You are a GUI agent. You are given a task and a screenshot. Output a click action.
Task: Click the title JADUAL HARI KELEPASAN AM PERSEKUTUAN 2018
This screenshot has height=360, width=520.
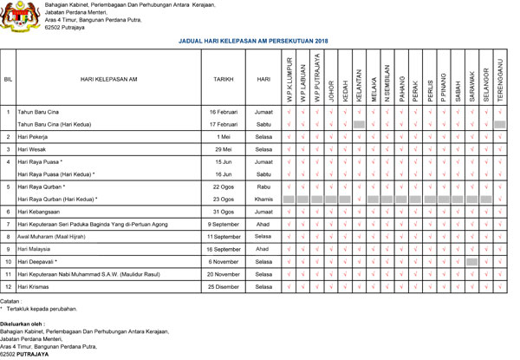click(x=253, y=41)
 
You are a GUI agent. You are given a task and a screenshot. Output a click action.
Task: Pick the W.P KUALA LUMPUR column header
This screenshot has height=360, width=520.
click(x=289, y=79)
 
